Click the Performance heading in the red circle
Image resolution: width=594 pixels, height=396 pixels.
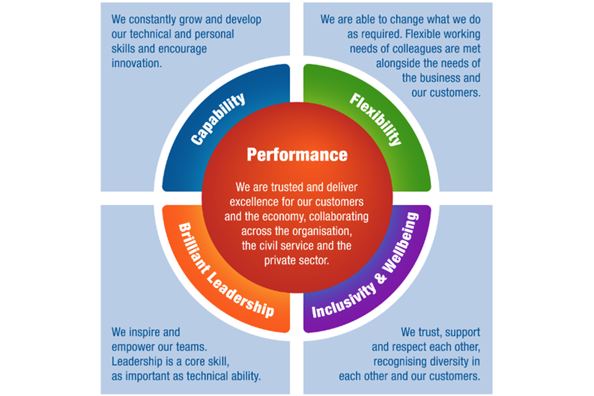pyautogui.click(x=297, y=153)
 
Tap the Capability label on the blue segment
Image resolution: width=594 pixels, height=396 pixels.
pyautogui.click(x=218, y=119)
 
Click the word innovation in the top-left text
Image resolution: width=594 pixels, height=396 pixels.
pyautogui.click(x=137, y=62)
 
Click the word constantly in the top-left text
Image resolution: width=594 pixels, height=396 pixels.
pyautogui.click(x=155, y=20)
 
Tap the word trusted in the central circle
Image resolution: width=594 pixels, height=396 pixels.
pyautogui.click(x=290, y=187)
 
